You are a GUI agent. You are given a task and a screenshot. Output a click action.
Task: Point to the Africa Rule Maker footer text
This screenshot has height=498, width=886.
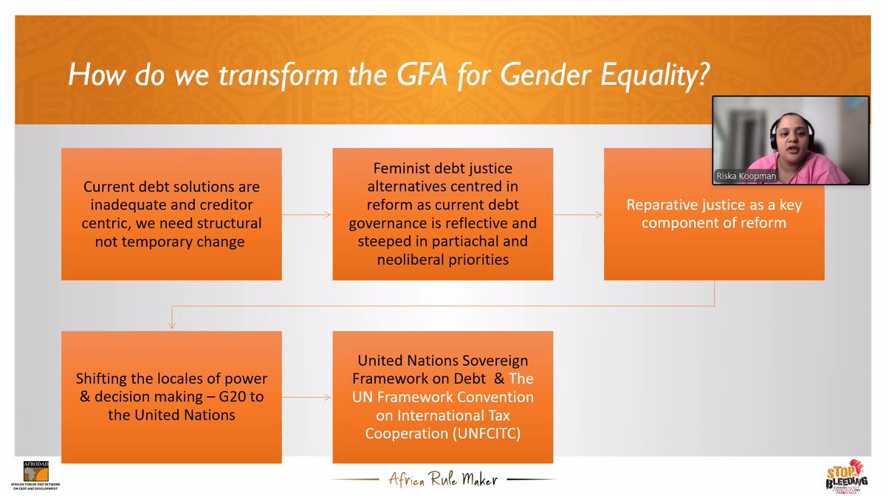pos(443,480)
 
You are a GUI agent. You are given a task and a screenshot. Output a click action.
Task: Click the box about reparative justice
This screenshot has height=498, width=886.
pos(713,214)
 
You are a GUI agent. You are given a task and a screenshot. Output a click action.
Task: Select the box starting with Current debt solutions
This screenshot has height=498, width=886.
pos(171,214)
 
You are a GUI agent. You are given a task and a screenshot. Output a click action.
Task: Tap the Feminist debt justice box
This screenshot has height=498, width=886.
pos(442,214)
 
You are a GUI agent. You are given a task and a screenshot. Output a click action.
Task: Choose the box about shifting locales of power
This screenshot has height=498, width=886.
pos(171,397)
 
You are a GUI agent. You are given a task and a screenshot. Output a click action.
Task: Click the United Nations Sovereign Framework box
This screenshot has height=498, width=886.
pos(442,397)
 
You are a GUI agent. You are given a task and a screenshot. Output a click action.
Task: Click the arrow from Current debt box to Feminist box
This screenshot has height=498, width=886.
pos(306,215)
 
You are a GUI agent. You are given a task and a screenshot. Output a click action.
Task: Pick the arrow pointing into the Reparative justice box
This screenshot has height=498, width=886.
pos(578,215)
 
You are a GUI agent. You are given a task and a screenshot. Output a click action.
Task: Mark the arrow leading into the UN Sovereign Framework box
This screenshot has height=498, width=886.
pos(306,397)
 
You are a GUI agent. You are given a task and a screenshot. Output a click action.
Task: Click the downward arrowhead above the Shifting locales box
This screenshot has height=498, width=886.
pos(171,324)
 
